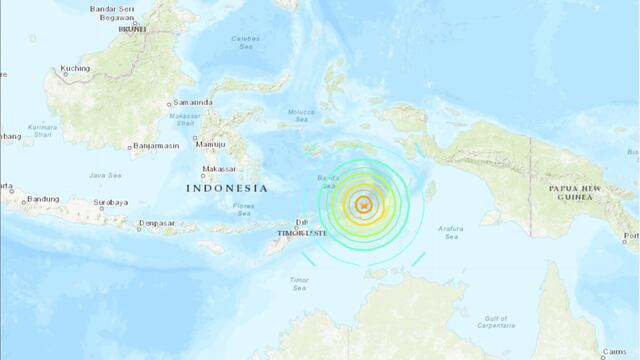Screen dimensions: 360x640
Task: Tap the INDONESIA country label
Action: (227, 188)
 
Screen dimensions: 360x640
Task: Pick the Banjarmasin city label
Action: (158, 145)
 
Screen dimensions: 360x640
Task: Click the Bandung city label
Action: (43, 200)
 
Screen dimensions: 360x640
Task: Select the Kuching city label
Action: (76, 69)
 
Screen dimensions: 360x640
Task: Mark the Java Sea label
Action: (104, 176)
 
